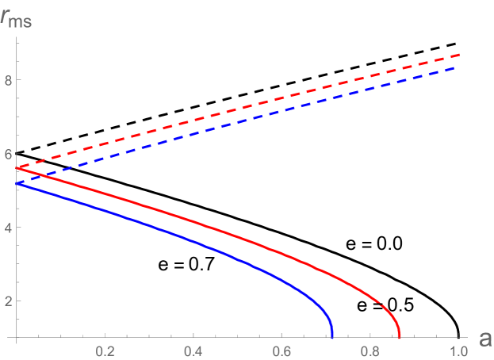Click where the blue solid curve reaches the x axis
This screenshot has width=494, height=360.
(332, 337)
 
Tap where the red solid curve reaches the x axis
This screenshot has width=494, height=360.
(399, 337)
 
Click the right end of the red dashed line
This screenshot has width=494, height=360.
(460, 55)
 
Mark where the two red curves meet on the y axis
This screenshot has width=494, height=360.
(17, 167)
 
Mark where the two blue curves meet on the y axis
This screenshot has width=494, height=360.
(17, 183)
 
